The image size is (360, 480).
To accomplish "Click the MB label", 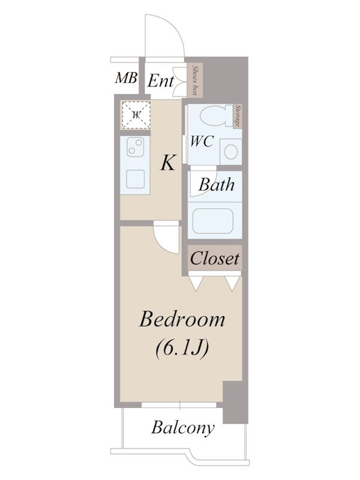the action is pos(126,78).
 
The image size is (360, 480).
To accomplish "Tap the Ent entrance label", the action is pos(161,81).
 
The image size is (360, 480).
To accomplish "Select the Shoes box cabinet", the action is pos(194,80).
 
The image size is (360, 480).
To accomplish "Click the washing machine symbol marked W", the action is pos(136,115).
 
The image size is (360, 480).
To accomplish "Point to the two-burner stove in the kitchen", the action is pos(136,146).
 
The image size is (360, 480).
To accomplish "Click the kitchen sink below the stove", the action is pos(136,179).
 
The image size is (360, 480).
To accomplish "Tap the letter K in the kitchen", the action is pos(168,163).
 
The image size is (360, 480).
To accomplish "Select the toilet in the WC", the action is pos(217,116).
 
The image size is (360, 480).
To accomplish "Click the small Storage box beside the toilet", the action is pos(238,116).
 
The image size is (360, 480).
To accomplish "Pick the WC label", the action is pos(202,142).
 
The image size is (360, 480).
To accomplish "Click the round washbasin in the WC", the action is pos(231,152).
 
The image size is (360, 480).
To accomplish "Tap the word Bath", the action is pos(217,185).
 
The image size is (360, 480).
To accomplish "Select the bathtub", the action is pos(213,221).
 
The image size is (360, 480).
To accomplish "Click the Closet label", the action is pos(215,258).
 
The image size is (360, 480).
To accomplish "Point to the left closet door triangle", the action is pos(196,283).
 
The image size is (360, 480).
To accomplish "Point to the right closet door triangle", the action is pos(233,283).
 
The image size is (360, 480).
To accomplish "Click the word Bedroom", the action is pos(182,319).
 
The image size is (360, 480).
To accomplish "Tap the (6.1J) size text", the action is pos(182,349).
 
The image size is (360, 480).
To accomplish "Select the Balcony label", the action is pos(183,428).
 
